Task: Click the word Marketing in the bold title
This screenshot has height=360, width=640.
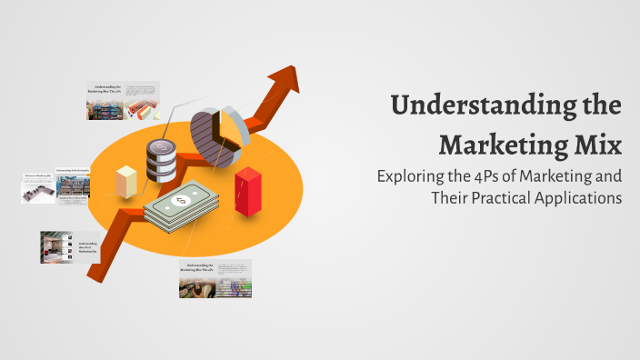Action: pyautogui.click(x=499, y=144)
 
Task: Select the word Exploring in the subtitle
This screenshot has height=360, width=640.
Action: pyautogui.click(x=414, y=176)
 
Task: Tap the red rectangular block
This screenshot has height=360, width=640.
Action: pyautogui.click(x=247, y=188)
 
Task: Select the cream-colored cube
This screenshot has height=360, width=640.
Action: pyautogui.click(x=125, y=179)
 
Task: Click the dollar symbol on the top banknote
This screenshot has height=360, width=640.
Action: pyautogui.click(x=182, y=199)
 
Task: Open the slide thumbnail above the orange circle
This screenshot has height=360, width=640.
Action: pyautogui.click(x=123, y=100)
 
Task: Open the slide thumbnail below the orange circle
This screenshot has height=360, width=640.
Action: pyautogui.click(x=215, y=278)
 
